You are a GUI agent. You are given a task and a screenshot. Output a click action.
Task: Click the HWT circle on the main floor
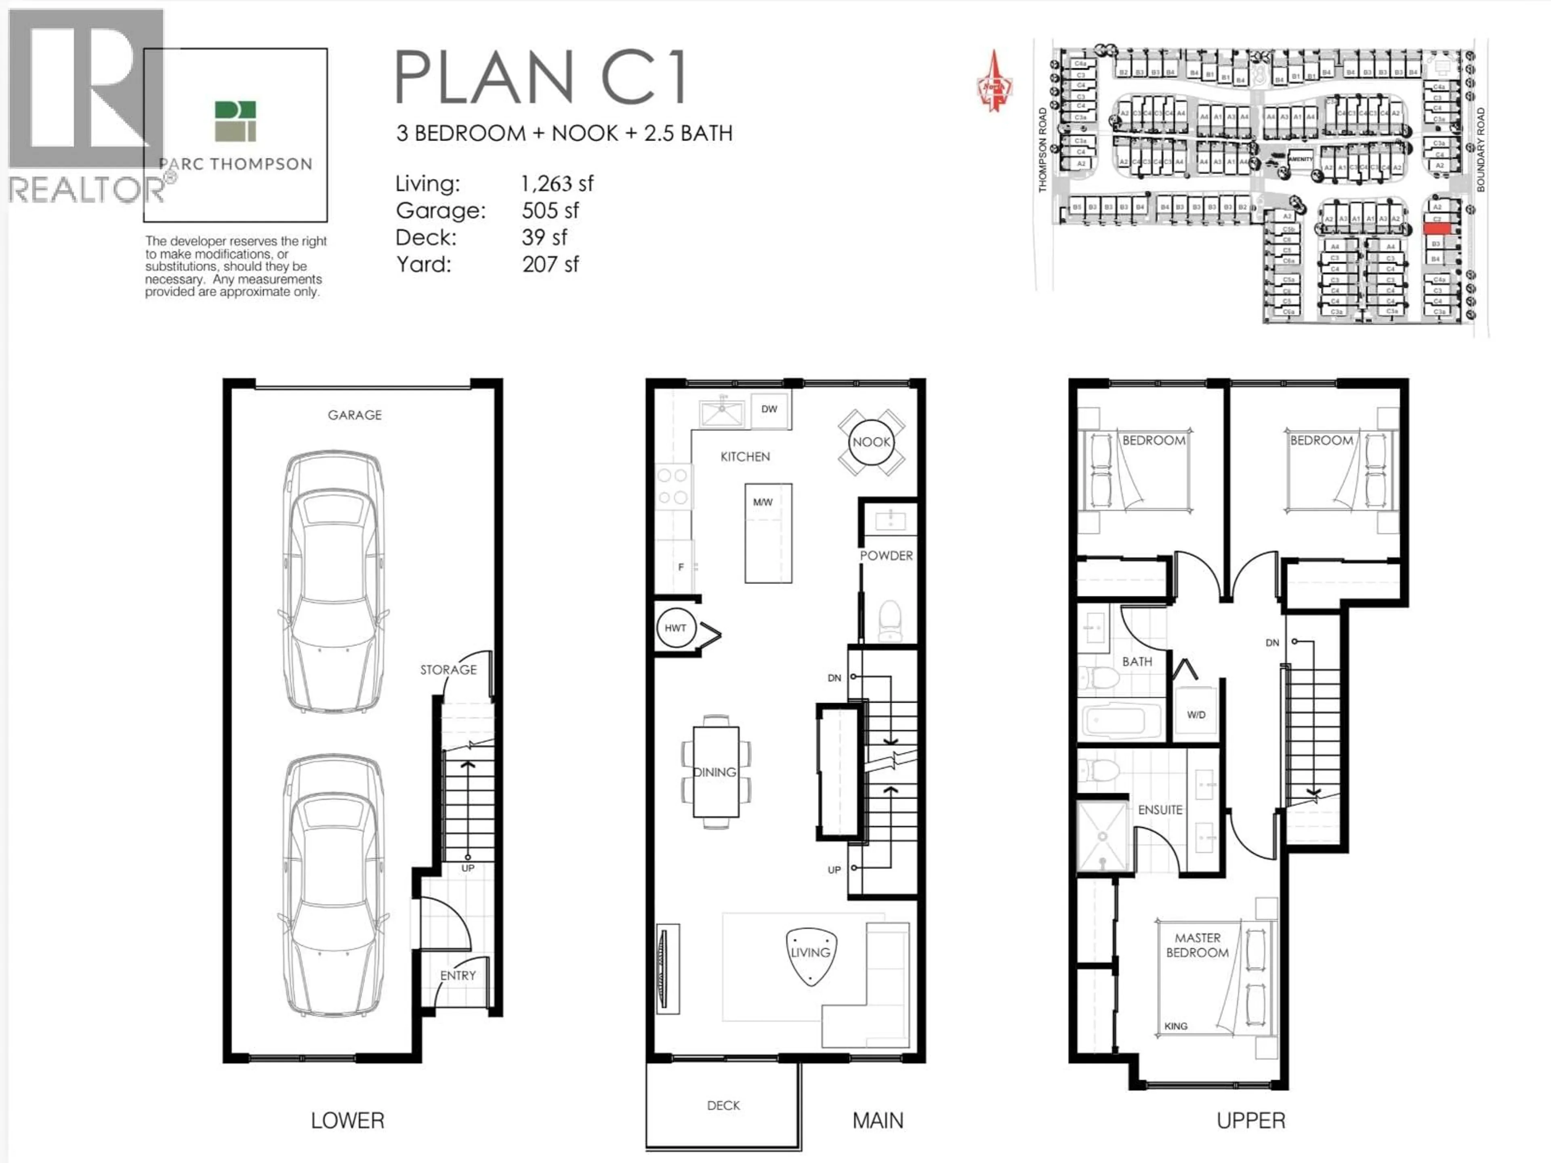click(675, 628)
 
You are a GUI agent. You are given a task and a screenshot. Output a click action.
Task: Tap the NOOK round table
click(871, 442)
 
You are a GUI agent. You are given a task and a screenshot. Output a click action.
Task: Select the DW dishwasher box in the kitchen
click(769, 409)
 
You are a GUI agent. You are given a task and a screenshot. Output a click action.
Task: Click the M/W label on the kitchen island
click(763, 502)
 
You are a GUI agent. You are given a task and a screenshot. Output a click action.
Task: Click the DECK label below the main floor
click(723, 1106)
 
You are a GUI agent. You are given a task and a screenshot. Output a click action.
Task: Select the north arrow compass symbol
click(994, 82)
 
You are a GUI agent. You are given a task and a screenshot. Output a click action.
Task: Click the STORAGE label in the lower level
click(448, 670)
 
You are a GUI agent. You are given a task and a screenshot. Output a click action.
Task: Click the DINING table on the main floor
click(715, 772)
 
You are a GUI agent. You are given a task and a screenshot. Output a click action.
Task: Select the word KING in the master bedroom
click(1176, 1026)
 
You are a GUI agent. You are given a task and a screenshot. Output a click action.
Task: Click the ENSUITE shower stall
click(1103, 836)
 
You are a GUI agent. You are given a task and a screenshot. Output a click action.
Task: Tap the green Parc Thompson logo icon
click(235, 121)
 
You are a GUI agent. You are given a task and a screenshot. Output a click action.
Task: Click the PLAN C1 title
click(540, 77)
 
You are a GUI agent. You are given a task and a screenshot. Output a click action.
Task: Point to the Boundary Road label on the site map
click(1480, 149)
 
